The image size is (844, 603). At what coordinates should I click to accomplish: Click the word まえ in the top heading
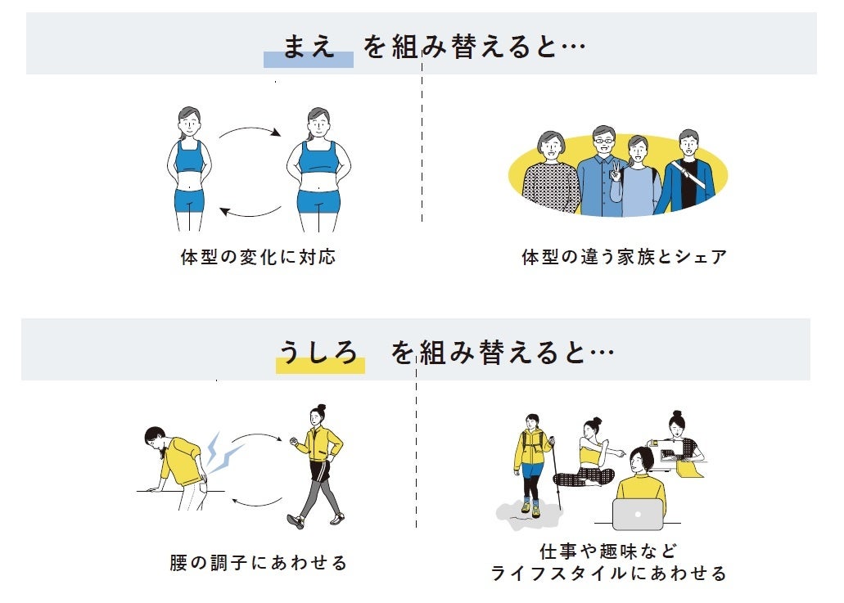[309, 46]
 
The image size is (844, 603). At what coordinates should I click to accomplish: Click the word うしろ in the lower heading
[319, 352]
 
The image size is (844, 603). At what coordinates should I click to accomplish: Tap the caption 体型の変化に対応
[258, 257]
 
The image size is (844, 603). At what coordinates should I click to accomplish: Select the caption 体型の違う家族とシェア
[624, 257]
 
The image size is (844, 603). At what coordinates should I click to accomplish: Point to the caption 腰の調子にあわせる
[258, 563]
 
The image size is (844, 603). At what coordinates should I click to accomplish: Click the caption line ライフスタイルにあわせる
[609, 574]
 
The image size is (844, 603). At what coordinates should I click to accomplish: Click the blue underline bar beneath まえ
[308, 61]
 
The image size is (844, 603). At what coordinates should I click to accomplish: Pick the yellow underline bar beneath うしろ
[320, 367]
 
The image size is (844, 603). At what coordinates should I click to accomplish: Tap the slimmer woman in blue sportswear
[190, 168]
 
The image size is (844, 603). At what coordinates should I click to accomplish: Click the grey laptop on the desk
[638, 514]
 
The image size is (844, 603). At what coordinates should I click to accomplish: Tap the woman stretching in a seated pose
[592, 455]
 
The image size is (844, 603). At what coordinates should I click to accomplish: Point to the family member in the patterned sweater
[549, 176]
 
